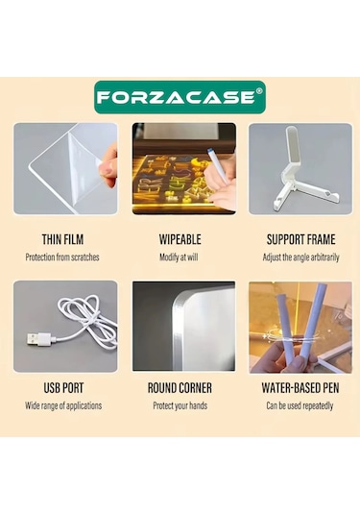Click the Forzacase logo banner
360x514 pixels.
180,97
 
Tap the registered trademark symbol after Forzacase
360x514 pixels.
259,91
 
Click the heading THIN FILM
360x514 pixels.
62,239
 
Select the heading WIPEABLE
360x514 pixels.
180,239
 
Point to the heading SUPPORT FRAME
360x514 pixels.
300,239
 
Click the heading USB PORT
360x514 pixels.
63,388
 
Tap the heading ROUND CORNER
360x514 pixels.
180,388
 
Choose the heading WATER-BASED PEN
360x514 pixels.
300,388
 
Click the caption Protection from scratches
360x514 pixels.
62,257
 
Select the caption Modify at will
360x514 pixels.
179,257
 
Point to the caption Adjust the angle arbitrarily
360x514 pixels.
300,257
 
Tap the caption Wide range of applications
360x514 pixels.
63,405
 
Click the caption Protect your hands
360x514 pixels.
180,405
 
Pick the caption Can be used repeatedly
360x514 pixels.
300,405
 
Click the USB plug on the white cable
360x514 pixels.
38,339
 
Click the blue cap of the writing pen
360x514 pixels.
208,152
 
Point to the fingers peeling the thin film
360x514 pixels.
108,164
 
